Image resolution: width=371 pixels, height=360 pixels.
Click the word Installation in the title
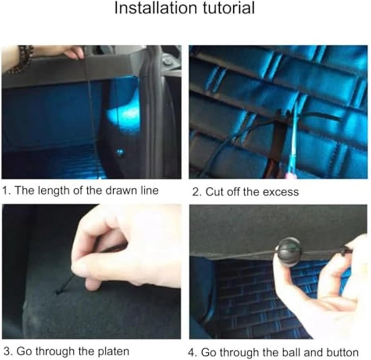155,8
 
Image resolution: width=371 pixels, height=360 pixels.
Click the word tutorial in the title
229,8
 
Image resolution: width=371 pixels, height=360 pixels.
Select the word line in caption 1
149,190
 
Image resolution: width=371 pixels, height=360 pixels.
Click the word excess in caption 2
281,192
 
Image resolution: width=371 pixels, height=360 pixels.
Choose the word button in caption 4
342,353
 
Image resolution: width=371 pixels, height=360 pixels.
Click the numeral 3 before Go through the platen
7,352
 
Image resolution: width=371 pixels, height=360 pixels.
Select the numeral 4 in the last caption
192,353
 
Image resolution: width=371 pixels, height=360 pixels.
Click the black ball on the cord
289,252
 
